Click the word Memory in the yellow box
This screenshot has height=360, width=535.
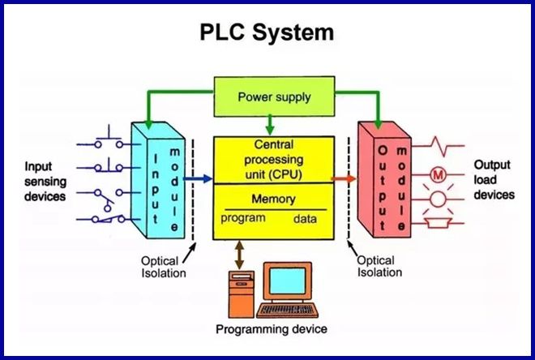273,199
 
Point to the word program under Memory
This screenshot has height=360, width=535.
242,218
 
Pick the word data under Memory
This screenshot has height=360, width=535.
304,218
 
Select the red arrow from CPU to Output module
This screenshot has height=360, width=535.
345,178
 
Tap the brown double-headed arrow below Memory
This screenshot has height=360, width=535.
238,253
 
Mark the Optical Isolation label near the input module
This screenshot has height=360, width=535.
163,267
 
